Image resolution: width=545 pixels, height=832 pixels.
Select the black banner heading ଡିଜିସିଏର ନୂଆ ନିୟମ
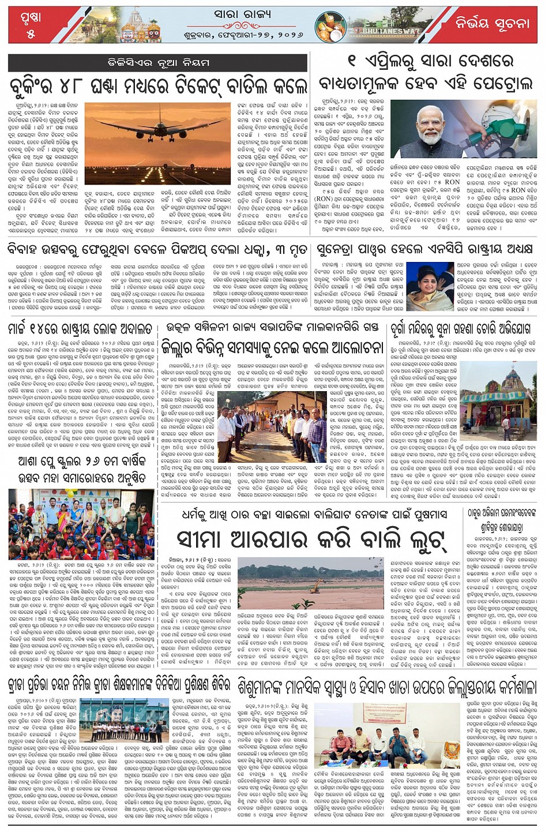[159, 62]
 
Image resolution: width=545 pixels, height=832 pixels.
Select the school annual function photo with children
[81, 524]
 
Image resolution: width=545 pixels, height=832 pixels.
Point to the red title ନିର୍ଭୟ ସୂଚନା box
[492, 24]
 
